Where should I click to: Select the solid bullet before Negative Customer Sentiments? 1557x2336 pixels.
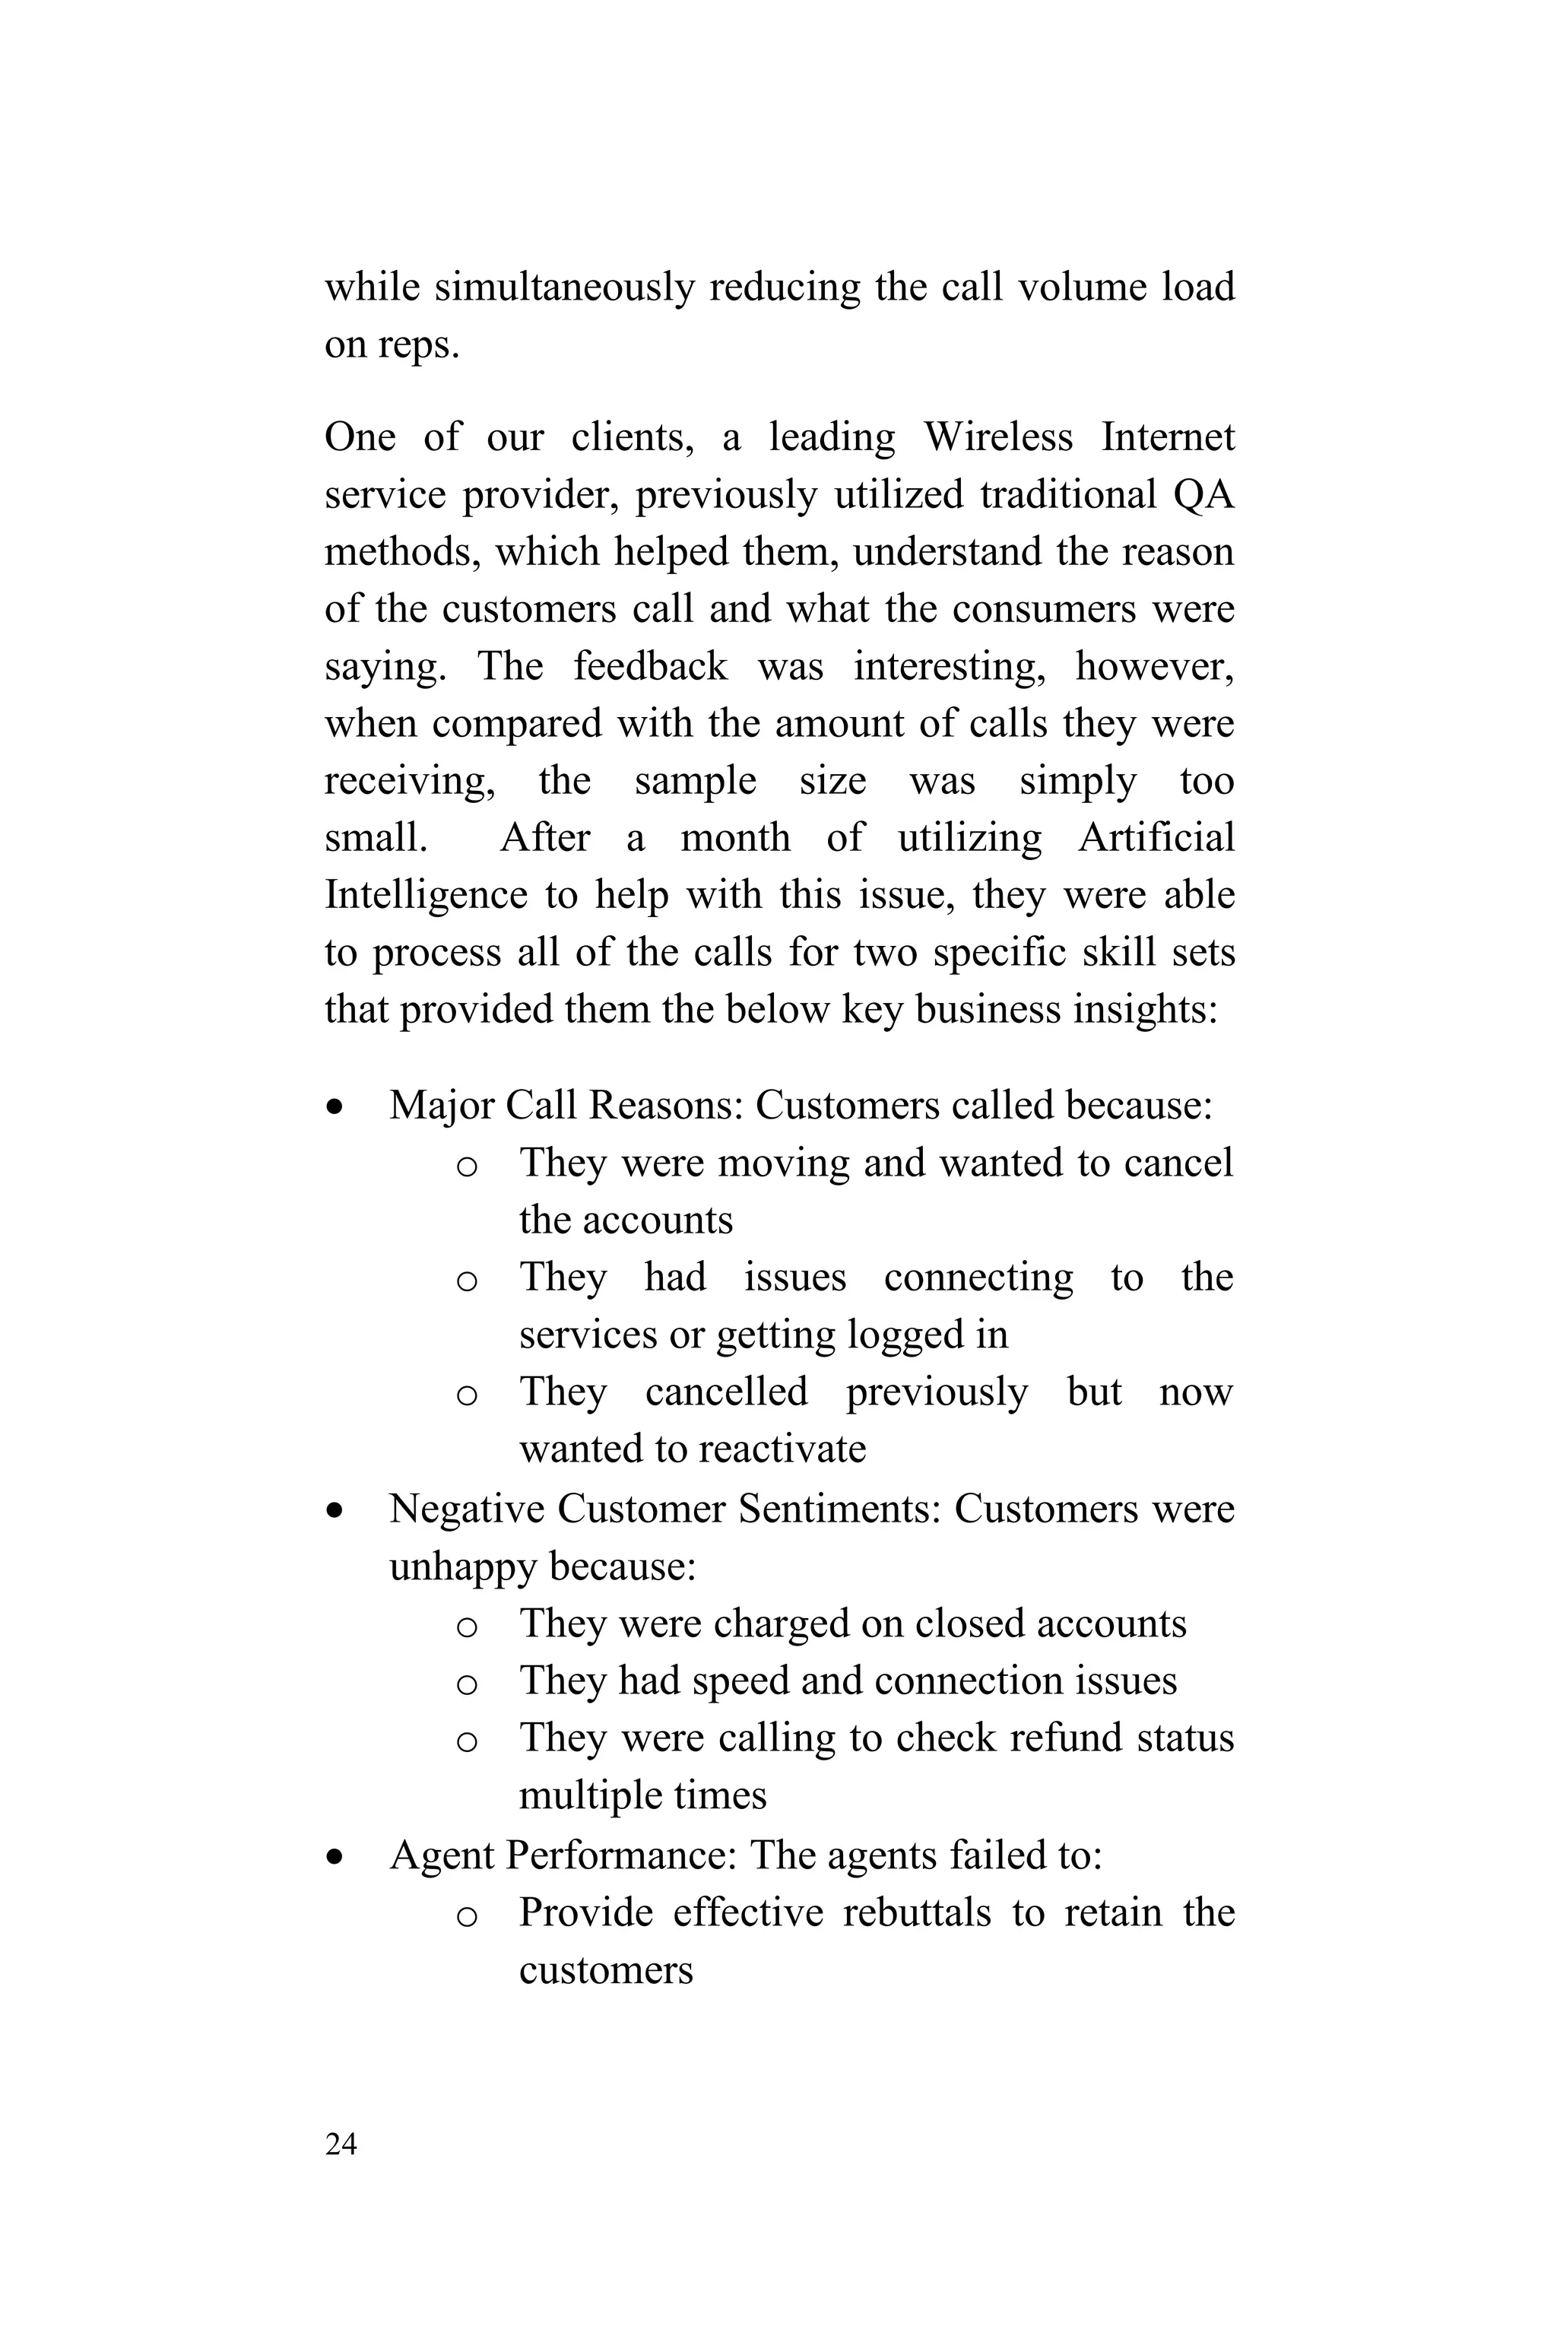pos(338,1509)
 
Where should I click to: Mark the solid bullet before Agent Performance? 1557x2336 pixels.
pos(338,1855)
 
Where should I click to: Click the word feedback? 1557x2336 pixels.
pos(651,665)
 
